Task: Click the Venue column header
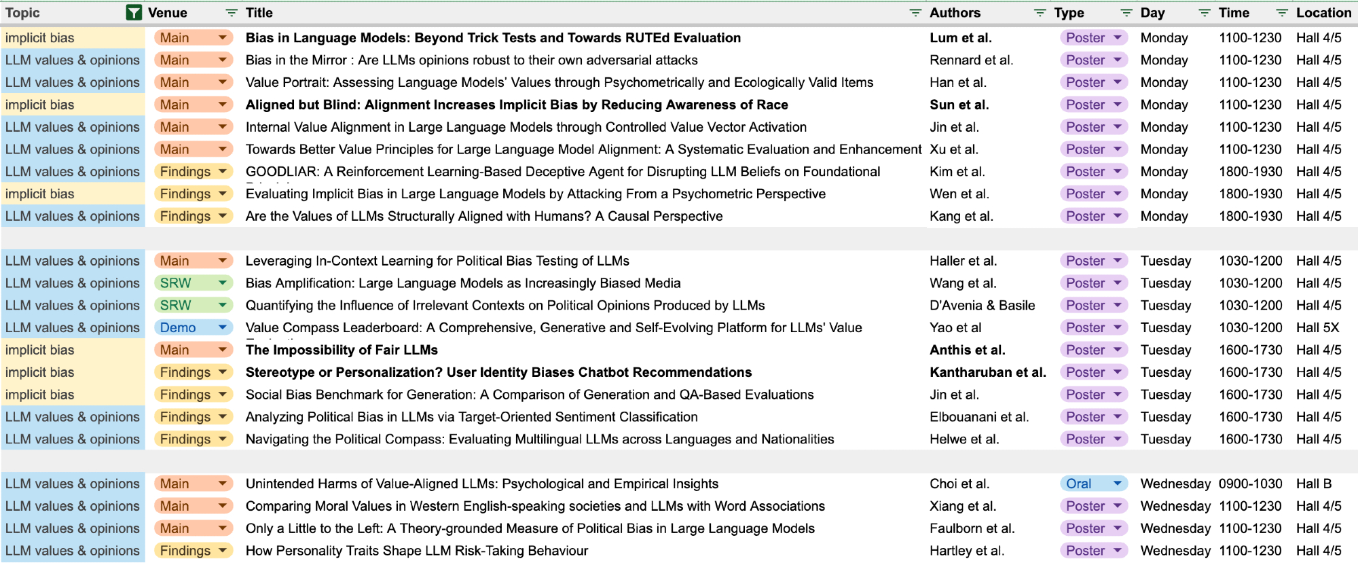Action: click(168, 13)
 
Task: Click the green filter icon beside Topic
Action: click(134, 13)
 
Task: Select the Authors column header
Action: click(955, 13)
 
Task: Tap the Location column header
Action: click(1323, 13)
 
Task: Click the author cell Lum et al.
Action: click(960, 38)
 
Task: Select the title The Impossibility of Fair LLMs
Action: click(342, 350)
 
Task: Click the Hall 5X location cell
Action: click(1317, 327)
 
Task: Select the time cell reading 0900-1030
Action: click(1250, 484)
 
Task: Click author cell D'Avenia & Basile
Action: click(982, 306)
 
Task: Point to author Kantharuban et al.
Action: click(987, 372)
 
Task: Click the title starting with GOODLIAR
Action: click(562, 172)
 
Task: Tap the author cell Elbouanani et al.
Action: click(978, 417)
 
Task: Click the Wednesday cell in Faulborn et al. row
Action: click(1175, 528)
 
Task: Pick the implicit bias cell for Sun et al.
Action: click(40, 105)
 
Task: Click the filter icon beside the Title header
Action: click(915, 13)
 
